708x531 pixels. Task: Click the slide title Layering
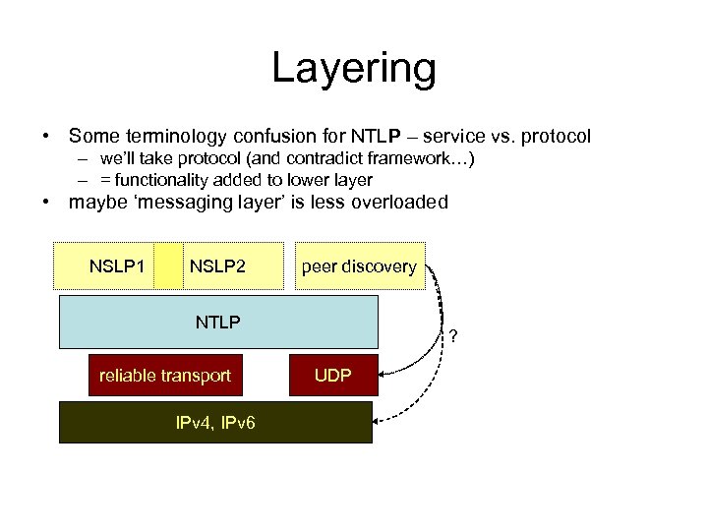pos(353,69)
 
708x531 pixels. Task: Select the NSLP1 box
pos(117,266)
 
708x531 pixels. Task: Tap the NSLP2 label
pos(217,266)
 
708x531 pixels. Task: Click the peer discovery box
pos(359,266)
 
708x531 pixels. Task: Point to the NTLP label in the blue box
pos(218,322)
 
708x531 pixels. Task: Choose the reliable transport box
pos(164,376)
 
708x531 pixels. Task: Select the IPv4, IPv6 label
pos(216,423)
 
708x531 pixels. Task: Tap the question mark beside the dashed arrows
pos(452,339)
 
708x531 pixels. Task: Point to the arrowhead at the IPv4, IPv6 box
pos(380,422)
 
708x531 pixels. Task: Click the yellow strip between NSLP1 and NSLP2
pos(169,266)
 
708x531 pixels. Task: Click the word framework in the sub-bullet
pos(415,159)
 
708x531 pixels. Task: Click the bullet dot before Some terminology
pos(45,136)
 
